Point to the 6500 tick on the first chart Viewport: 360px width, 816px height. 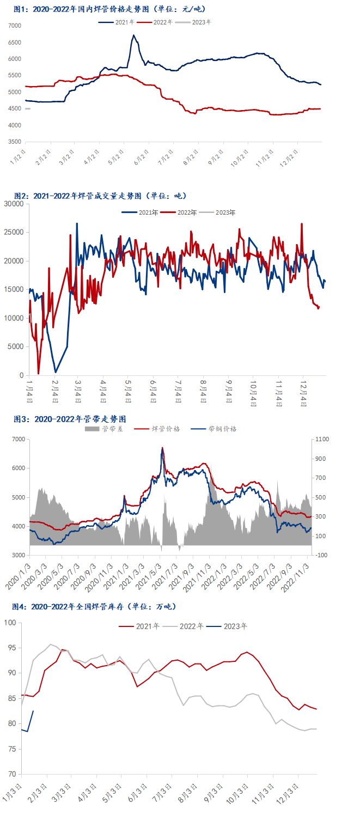[15, 42]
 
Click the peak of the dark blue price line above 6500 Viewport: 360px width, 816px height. [133, 36]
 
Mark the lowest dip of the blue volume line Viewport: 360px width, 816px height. [56, 372]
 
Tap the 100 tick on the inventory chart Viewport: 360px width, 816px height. [11, 623]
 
